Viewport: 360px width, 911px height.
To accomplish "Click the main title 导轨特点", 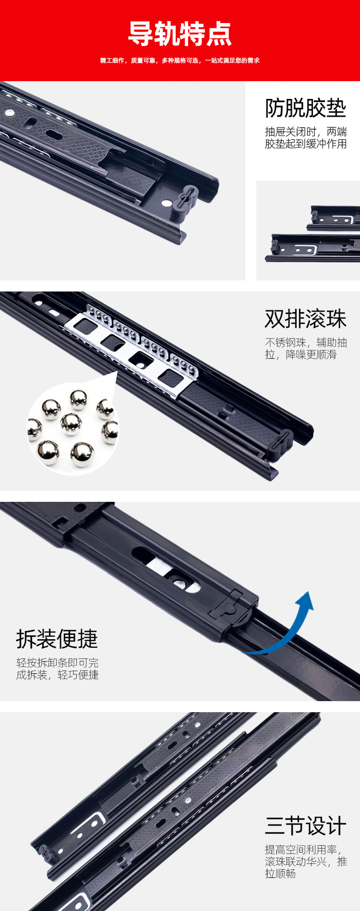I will pyautogui.click(x=180, y=34).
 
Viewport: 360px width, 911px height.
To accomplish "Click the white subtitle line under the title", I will pyautogui.click(x=180, y=61).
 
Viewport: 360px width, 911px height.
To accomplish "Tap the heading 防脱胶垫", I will pyautogui.click(x=305, y=108).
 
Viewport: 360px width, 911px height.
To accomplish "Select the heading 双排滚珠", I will pyautogui.click(x=305, y=319).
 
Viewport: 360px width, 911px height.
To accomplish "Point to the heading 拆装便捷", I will pyautogui.click(x=57, y=639).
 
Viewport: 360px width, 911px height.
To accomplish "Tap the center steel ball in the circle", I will pyautogui.click(x=71, y=424).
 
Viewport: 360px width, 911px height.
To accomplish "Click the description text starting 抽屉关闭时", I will pyautogui.click(x=306, y=138).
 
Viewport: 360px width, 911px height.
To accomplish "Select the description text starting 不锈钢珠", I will pyautogui.click(x=306, y=349).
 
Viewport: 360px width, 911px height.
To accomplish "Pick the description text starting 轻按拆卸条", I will pyautogui.click(x=58, y=668).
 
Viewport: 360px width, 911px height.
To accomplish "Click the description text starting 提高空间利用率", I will pyautogui.click(x=306, y=862).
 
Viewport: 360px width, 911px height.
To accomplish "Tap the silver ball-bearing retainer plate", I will pyautogui.click(x=139, y=348).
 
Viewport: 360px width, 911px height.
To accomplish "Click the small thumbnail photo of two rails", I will pyautogui.click(x=308, y=231).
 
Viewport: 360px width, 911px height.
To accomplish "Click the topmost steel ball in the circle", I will pyautogui.click(x=78, y=399).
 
